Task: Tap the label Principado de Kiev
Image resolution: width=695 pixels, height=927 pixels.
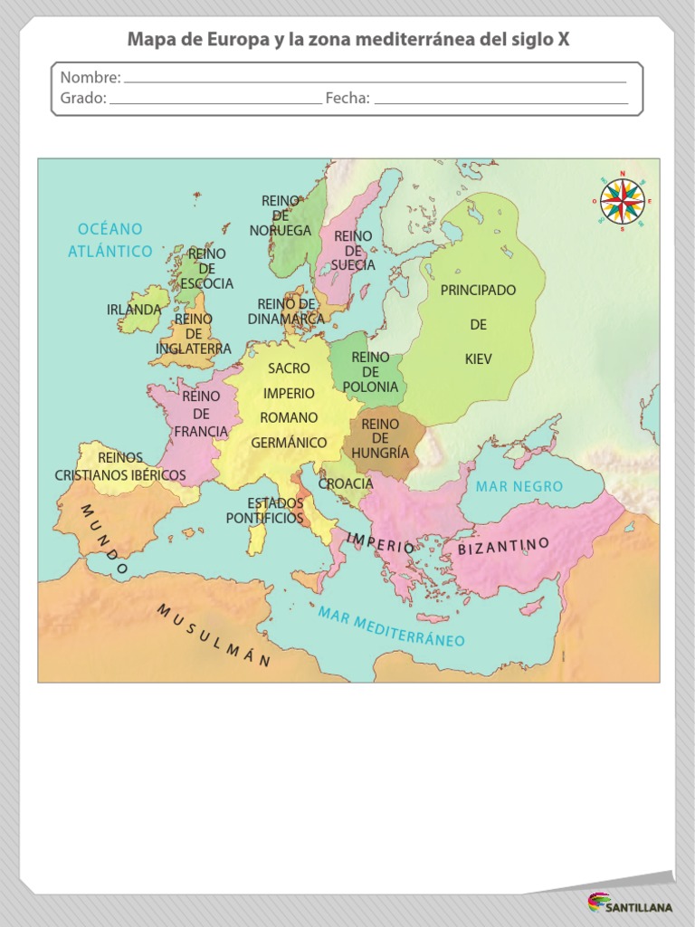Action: click(x=478, y=324)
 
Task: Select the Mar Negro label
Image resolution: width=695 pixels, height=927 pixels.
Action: click(x=519, y=487)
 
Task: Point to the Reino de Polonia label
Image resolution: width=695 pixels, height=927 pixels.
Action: click(x=370, y=372)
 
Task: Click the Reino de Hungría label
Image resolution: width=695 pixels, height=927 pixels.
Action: click(x=380, y=438)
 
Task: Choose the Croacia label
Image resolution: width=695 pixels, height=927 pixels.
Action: click(x=346, y=483)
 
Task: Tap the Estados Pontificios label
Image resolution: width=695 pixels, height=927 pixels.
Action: click(x=264, y=511)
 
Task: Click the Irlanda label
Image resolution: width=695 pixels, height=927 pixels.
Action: click(x=134, y=310)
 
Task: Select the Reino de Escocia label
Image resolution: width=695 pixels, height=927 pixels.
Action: click(x=206, y=269)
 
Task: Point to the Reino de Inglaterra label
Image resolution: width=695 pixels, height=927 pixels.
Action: click(x=194, y=334)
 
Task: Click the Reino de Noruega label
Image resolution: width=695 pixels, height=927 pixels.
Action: click(x=281, y=215)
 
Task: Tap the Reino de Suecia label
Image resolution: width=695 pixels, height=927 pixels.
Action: click(x=353, y=251)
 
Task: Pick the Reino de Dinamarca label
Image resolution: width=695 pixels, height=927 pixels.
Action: click(x=286, y=311)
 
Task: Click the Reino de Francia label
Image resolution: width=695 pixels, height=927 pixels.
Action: click(x=201, y=414)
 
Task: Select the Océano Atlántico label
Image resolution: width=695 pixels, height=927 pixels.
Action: click(x=110, y=240)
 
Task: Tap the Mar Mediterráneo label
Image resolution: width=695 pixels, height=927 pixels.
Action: click(x=391, y=626)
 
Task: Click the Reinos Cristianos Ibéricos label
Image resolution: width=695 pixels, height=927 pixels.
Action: click(x=120, y=466)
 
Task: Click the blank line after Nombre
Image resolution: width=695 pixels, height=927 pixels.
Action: click(x=375, y=80)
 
